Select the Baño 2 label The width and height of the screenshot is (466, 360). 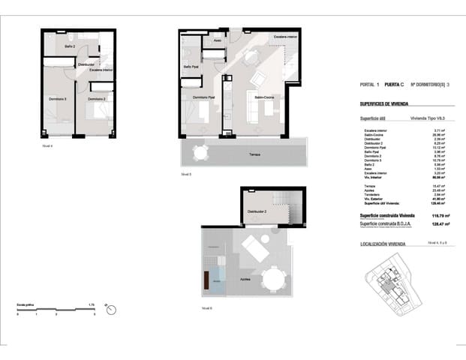tap(70, 47)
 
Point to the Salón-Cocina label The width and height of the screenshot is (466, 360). tap(265, 97)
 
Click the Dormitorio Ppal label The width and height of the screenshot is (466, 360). tap(204, 97)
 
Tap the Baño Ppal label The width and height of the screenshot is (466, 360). tap(191, 67)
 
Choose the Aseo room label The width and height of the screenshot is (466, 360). tap(217, 40)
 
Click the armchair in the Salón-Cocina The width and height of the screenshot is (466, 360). tap(257, 79)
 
